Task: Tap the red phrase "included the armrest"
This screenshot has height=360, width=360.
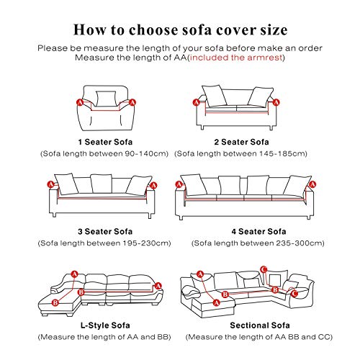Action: click(236, 58)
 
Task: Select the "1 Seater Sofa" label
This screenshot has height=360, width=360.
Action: click(105, 142)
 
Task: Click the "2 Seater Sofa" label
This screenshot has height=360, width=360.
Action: click(241, 142)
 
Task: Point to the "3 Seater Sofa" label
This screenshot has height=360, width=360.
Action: click(105, 232)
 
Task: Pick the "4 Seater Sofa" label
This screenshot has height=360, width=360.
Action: click(258, 232)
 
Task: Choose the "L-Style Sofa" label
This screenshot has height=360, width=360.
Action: click(105, 325)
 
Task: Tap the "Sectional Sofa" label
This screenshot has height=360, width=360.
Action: click(260, 325)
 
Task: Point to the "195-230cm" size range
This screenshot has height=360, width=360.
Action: click(147, 243)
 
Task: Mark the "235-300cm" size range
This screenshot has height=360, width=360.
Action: click(300, 243)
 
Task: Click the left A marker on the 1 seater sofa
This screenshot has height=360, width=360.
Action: click(80, 103)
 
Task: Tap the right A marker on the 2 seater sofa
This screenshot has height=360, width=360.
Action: click(276, 102)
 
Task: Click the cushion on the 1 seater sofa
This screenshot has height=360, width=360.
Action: click(106, 99)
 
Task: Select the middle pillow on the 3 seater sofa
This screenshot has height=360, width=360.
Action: click(102, 184)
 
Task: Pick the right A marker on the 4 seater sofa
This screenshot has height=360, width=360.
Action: click(312, 184)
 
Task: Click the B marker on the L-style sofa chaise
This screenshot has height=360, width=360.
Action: click(55, 302)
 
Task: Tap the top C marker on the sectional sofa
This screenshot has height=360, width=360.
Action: click(264, 269)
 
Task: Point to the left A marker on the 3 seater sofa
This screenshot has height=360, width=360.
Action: click(50, 184)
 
